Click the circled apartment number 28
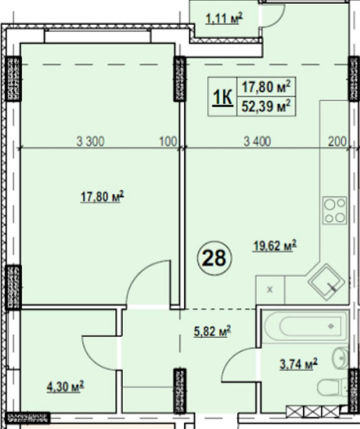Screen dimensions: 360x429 [215, 258]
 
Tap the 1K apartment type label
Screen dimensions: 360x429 [222, 97]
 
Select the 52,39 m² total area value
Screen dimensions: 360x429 [266, 106]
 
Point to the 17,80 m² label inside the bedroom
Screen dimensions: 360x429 [102, 197]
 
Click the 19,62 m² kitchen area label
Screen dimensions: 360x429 [275, 245]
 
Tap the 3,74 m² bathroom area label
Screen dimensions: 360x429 [299, 364]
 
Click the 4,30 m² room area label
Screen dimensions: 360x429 [65, 387]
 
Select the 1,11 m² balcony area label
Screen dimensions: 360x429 [224, 19]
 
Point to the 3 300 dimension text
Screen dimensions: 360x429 [90, 142]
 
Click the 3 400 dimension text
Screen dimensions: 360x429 [258, 142]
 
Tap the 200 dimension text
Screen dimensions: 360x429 [338, 142]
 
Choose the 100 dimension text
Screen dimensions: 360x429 [168, 142]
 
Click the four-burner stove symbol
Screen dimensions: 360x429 [334, 211]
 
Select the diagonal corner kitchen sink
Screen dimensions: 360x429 [326, 282]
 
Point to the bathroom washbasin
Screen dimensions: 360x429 [341, 358]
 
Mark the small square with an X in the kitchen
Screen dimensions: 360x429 [270, 290]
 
